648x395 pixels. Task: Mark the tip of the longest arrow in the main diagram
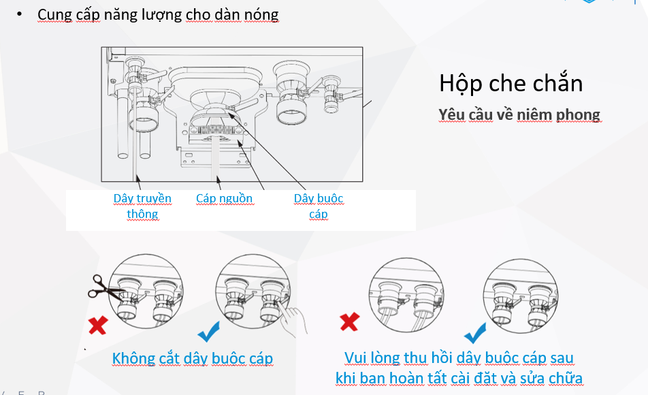(x=228, y=112)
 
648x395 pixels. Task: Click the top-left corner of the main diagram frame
(x=101, y=47)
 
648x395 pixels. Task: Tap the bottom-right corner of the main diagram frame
(x=363, y=182)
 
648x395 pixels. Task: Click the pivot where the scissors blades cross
(x=107, y=289)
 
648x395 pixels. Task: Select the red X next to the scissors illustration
(x=98, y=325)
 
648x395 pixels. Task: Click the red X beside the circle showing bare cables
(x=350, y=322)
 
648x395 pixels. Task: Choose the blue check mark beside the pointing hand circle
(x=209, y=332)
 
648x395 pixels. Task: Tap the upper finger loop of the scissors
(x=98, y=280)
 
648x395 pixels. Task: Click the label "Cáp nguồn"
(x=225, y=199)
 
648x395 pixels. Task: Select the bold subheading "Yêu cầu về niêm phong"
(x=519, y=114)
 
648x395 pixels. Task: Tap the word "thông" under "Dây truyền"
(x=142, y=214)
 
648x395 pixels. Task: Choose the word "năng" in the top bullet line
(x=120, y=15)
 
